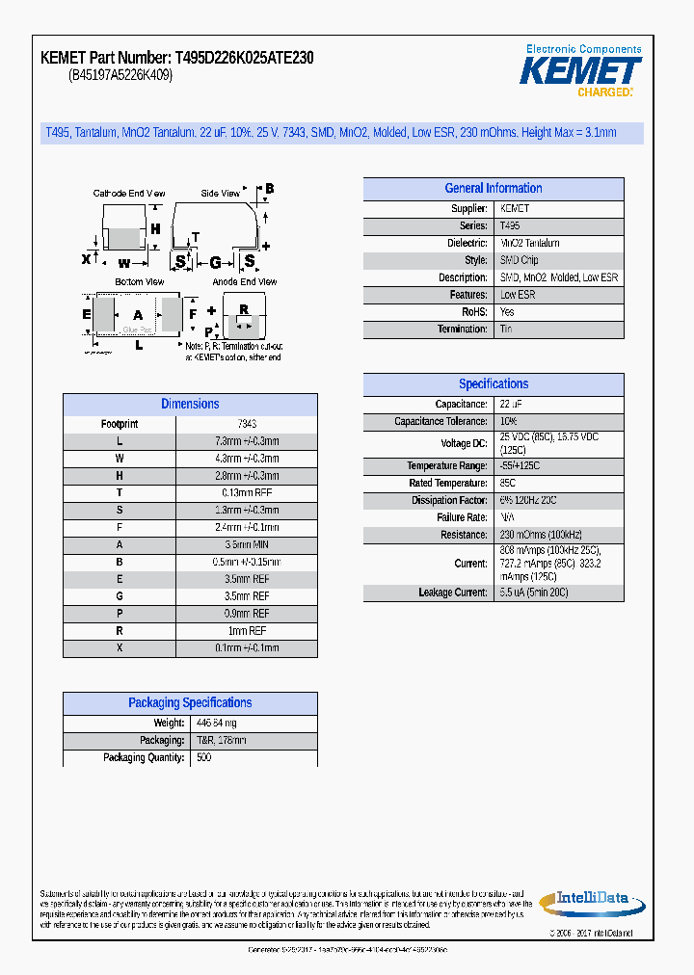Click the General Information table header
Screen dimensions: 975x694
click(x=493, y=189)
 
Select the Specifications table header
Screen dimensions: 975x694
click(x=493, y=384)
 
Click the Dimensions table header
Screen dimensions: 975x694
click(x=190, y=405)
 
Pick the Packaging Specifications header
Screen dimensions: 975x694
click(x=190, y=703)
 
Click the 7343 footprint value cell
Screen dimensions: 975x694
click(x=247, y=424)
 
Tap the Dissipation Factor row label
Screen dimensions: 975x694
click(x=449, y=501)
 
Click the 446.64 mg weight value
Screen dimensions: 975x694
click(x=216, y=724)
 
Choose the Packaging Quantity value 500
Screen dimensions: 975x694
click(x=203, y=758)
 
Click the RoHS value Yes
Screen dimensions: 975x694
click(x=507, y=312)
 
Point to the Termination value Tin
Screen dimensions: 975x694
click(x=506, y=329)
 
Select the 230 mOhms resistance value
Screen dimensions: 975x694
click(x=541, y=535)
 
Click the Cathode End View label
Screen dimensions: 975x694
click(x=129, y=194)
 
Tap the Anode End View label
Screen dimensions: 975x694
click(x=245, y=282)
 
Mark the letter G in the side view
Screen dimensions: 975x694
click(x=215, y=261)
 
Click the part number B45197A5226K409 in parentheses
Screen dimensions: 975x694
click(x=120, y=75)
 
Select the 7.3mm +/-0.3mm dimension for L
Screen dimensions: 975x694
click(x=247, y=441)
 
